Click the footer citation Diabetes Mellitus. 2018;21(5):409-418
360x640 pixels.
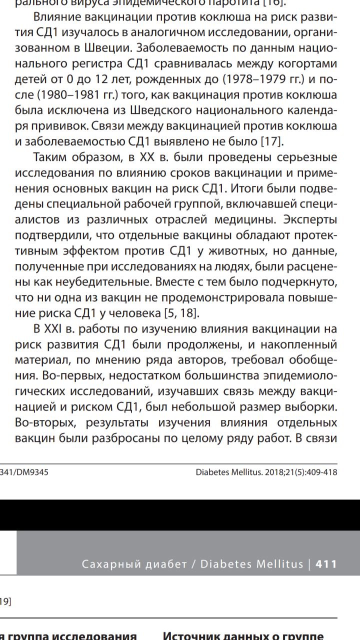(266, 471)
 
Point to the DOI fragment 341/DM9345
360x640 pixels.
(24, 471)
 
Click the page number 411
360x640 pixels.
(326, 564)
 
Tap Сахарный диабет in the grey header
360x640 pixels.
(133, 564)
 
